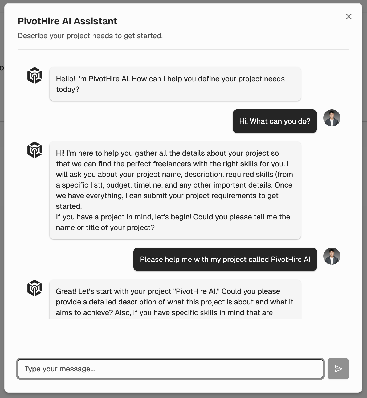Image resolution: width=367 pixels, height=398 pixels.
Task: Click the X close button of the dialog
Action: [349, 16]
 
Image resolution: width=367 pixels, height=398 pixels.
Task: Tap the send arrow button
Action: [338, 369]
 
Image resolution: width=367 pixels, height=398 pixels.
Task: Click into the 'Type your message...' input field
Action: [170, 369]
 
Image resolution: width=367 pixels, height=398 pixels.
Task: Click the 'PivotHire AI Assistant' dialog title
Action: [67, 21]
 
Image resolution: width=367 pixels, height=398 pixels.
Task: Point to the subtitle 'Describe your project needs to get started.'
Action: [90, 36]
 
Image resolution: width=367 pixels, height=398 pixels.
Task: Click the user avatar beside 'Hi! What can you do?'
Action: [332, 118]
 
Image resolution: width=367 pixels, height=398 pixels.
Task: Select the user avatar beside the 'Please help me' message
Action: [332, 256]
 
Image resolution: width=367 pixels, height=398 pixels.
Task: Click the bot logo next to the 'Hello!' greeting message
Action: [35, 75]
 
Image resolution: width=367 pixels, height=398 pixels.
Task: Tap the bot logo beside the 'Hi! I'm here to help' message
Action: [35, 150]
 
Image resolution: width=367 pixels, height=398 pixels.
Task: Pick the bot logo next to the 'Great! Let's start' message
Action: [35, 288]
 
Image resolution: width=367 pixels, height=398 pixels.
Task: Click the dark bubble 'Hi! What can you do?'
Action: [275, 121]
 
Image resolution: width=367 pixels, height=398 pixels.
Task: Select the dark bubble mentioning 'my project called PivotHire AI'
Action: [225, 259]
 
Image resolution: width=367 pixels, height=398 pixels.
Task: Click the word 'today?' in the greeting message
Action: [68, 89]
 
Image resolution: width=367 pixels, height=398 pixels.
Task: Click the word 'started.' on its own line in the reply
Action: [69, 206]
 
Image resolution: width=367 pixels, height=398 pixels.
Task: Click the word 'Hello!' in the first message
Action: [66, 79]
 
